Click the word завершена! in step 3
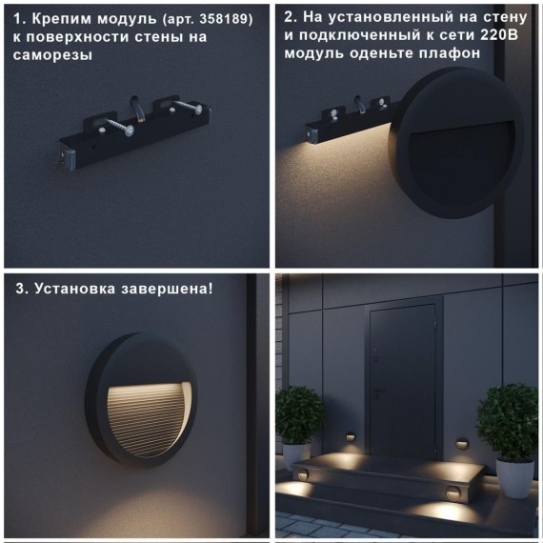point(166,288)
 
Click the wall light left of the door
point(351,437)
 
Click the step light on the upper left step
point(302,473)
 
